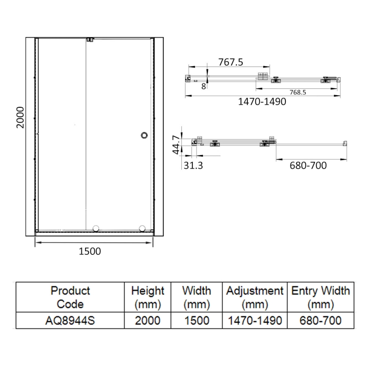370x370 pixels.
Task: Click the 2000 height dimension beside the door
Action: tap(20, 117)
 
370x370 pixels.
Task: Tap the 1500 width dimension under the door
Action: tap(90, 251)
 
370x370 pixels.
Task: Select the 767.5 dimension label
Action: tap(230, 62)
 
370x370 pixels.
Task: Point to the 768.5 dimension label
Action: tap(298, 92)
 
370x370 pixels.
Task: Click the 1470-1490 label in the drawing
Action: tap(262, 102)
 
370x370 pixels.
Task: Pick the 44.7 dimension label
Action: tap(176, 145)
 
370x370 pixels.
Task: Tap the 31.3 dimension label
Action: tap(193, 166)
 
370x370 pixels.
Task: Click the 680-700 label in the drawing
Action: tap(308, 166)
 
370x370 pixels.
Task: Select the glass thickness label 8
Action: tap(203, 86)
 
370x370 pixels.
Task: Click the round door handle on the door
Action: tap(144, 135)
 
